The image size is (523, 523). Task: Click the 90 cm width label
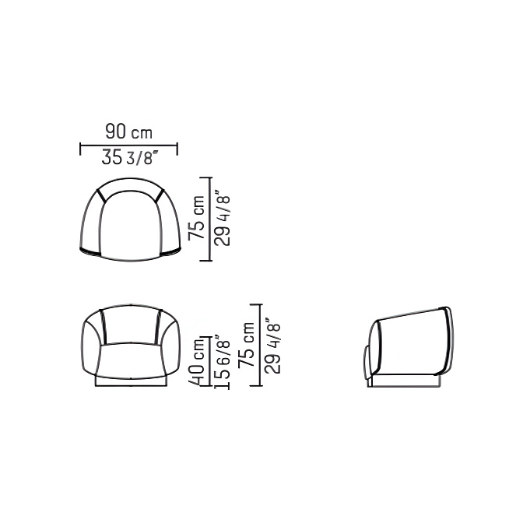point(128,132)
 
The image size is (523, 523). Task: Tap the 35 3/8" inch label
point(128,157)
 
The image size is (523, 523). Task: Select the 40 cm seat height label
point(196,361)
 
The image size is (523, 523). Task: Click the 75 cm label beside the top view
point(196,217)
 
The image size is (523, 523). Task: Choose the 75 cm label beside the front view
point(246,345)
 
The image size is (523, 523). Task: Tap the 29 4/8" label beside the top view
point(222,218)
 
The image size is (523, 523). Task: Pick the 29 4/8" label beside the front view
point(272,345)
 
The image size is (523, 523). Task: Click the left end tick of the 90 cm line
point(80,149)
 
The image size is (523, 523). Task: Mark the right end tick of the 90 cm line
point(177,149)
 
